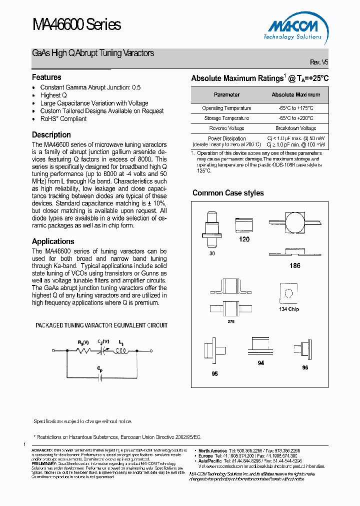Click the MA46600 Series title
pyautogui.click(x=76, y=24)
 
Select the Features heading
pyautogui.click(x=46, y=77)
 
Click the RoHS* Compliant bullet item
pyautogui.click(x=63, y=119)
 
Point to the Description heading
pyautogui.click(x=51, y=135)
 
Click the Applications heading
pyautogui.click(x=53, y=241)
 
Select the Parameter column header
pyautogui.click(x=226, y=94)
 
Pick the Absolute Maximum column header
pyautogui.click(x=296, y=94)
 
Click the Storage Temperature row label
pyautogui.click(x=226, y=118)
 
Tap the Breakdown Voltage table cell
pyautogui.click(x=296, y=128)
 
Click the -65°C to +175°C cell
pyautogui.click(x=296, y=108)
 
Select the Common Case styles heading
pyautogui.click(x=228, y=193)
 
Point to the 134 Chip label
pyautogui.click(x=289, y=309)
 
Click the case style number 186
pyautogui.click(x=295, y=266)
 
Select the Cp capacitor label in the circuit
pyautogui.click(x=101, y=369)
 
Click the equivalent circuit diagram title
pyautogui.click(x=101, y=325)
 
